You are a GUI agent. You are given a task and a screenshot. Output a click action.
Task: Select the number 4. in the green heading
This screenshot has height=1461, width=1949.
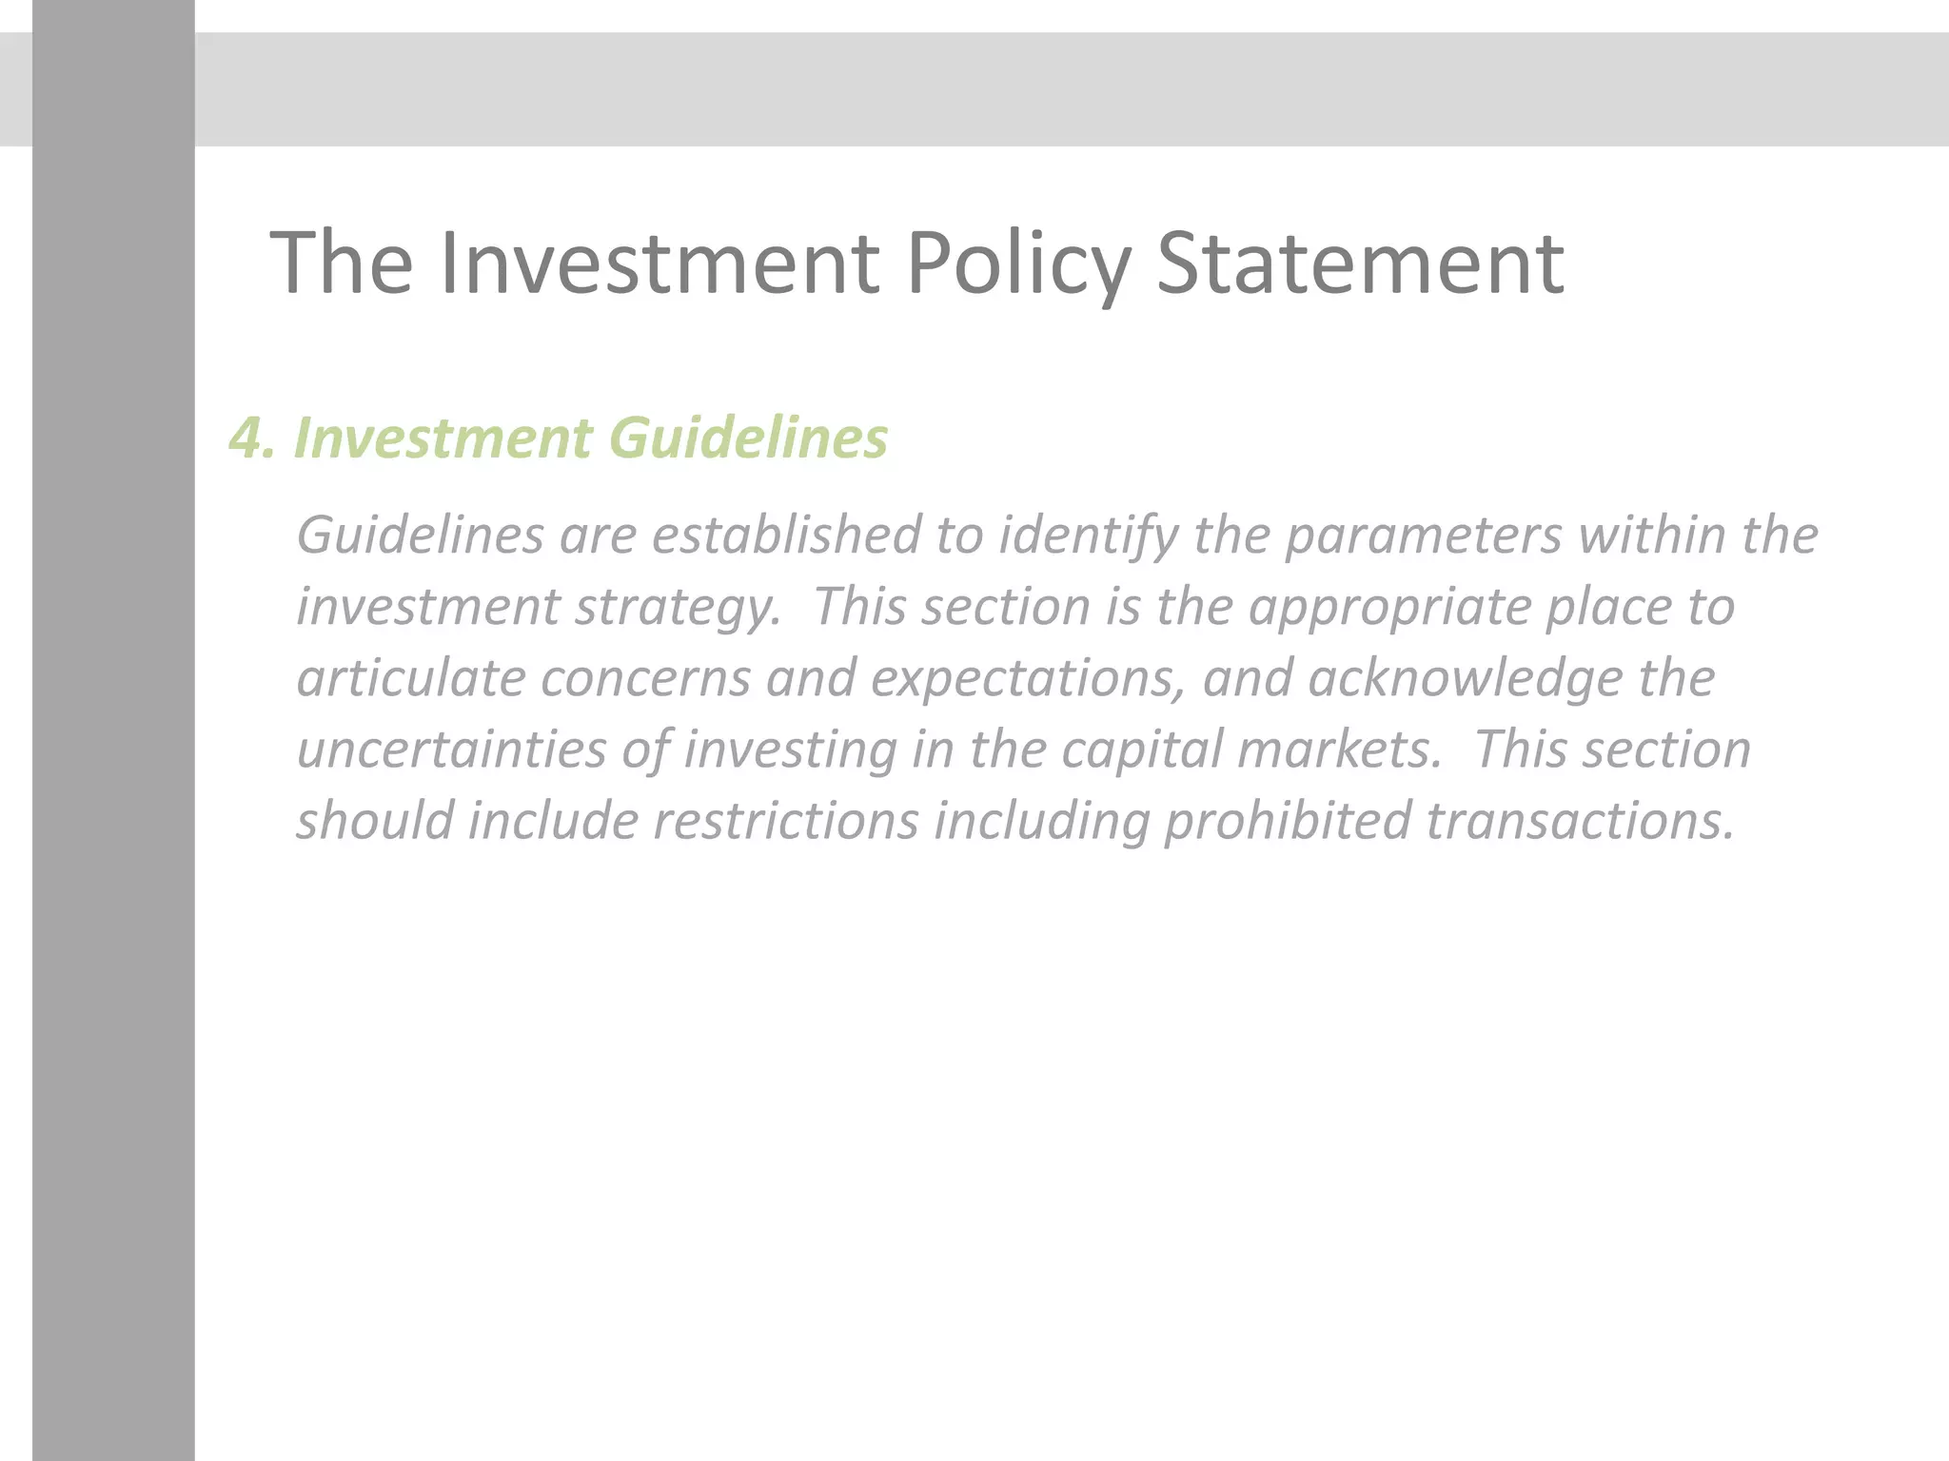[x=252, y=438]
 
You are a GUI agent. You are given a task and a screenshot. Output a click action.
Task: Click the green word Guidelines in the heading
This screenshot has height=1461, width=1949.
[x=748, y=438]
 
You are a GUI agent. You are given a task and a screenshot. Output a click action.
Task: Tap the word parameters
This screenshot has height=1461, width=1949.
[x=1424, y=535]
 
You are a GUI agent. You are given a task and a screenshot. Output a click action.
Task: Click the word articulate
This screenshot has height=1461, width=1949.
[x=411, y=678]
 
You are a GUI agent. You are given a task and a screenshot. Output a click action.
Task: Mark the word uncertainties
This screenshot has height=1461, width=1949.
[x=452, y=750]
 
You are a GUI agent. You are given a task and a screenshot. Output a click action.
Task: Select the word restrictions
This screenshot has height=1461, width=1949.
[x=786, y=821]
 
